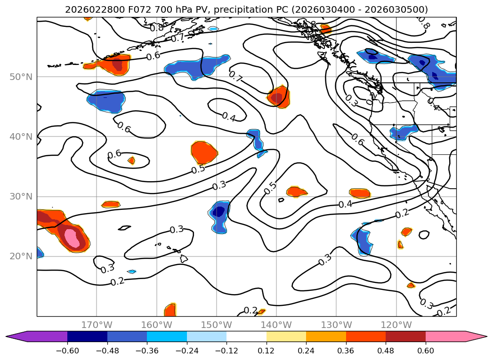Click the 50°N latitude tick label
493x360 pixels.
pos(21,77)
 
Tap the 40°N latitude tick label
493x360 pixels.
pos(21,137)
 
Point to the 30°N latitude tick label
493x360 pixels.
pos(21,197)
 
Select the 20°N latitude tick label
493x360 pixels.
pos(21,256)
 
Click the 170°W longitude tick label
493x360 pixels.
pos(97,325)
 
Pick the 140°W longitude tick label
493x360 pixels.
pos(277,325)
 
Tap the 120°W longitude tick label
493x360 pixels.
pos(396,325)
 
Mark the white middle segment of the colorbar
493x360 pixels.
pos(246,336)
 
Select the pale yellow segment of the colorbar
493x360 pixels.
pos(286,336)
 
